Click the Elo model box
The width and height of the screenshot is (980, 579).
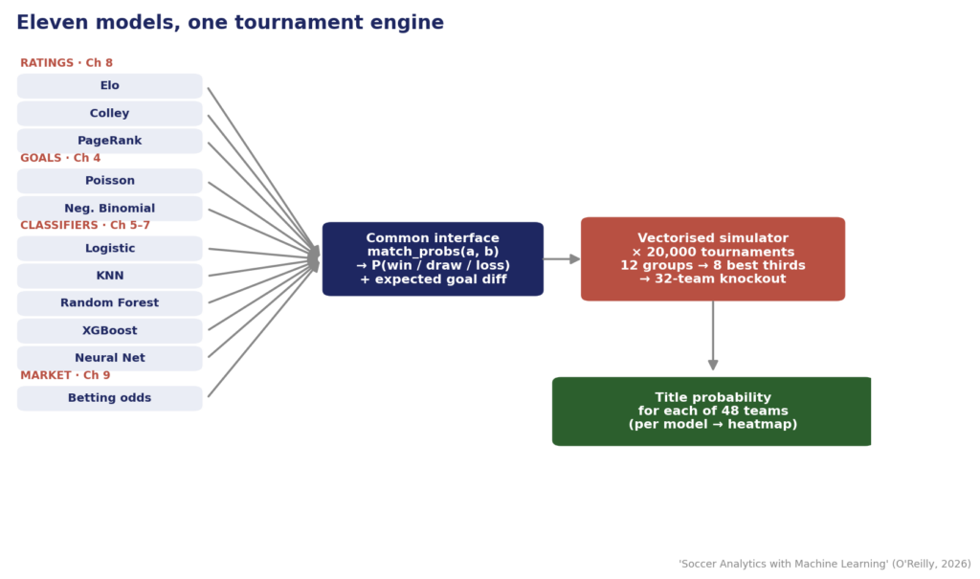pos(109,86)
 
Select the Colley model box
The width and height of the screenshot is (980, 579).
pos(109,114)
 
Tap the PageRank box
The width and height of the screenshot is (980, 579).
pos(109,142)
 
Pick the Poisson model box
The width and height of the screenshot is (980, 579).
pos(109,181)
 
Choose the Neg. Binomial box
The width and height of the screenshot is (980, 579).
pos(109,209)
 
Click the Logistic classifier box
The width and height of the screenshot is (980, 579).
pos(109,249)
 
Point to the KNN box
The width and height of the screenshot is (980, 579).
pos(109,277)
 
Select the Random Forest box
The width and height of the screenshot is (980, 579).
pos(109,303)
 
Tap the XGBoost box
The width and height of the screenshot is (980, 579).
pos(109,331)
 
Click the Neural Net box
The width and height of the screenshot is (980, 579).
pos(109,359)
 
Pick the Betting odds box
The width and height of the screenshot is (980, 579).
pos(109,398)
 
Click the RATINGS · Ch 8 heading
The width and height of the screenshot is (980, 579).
pos(66,63)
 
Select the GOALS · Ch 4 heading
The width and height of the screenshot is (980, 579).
pos(60,158)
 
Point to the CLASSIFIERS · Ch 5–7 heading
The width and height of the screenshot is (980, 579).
pos(85,225)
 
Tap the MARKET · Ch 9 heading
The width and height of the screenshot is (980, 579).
pos(65,375)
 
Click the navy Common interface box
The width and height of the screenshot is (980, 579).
pos(434,258)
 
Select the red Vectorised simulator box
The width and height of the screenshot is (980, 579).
pos(712,258)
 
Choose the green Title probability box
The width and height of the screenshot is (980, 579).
pos(712,412)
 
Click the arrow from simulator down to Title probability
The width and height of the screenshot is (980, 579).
pos(712,336)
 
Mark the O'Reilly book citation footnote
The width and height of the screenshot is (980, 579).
pos(825,564)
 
